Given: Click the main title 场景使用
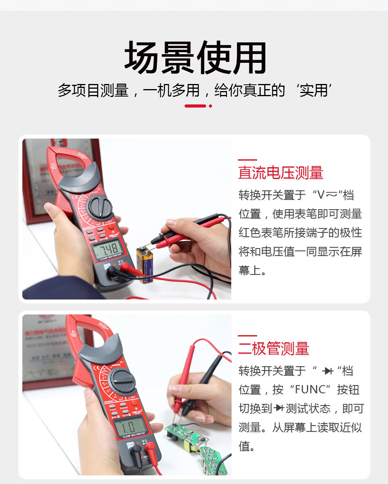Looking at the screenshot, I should tap(195, 58).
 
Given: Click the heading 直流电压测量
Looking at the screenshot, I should tap(281, 173).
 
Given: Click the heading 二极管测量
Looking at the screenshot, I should tap(274, 349).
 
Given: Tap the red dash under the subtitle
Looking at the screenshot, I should tap(195, 106).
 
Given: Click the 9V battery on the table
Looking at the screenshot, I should tap(145, 265).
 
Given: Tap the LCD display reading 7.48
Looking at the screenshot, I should tap(107, 249).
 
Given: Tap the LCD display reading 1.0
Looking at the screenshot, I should tap(129, 426).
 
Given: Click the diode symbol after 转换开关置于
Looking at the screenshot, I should tap(328, 371).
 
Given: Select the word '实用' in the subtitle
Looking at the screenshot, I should tap(314, 90).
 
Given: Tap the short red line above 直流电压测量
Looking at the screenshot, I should tap(247, 160).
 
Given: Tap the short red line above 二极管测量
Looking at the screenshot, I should tap(247, 336).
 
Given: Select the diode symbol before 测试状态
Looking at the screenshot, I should tap(279, 408).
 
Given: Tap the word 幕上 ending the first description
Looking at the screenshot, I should tap(249, 270).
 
